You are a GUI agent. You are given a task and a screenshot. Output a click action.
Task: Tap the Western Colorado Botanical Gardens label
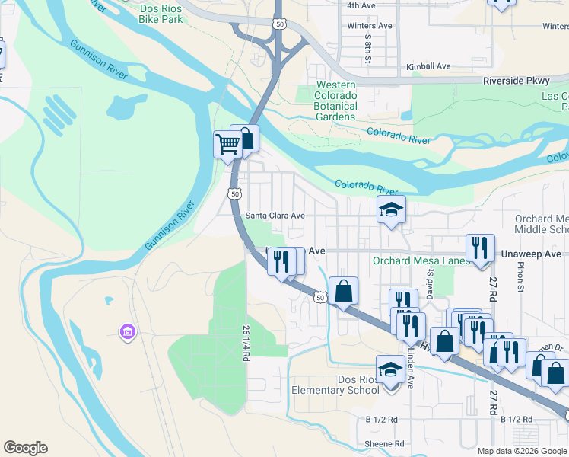pyautogui.click(x=336, y=101)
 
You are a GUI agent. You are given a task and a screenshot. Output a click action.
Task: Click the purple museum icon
pyautogui.click(x=126, y=331)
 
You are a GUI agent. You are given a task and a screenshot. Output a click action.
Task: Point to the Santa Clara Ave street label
pyautogui.click(x=275, y=216)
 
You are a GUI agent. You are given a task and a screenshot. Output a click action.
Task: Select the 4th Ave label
pyautogui.click(x=361, y=5)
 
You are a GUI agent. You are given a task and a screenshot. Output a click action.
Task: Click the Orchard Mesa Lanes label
pyautogui.click(x=410, y=260)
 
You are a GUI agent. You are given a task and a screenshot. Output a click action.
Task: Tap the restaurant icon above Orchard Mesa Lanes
pyautogui.click(x=479, y=248)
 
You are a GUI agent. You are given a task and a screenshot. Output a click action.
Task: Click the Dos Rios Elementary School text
pyautogui.click(x=335, y=385)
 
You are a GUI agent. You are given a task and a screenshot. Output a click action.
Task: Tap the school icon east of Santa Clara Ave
pyautogui.click(x=392, y=210)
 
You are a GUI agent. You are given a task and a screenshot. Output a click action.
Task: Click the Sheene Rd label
pyautogui.click(x=384, y=444)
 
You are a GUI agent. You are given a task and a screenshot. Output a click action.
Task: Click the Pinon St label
pyautogui.click(x=521, y=279)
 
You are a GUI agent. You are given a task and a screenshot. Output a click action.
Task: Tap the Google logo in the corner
pyautogui.click(x=25, y=448)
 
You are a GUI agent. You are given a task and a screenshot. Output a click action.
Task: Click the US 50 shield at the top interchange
pyautogui.click(x=280, y=25)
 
